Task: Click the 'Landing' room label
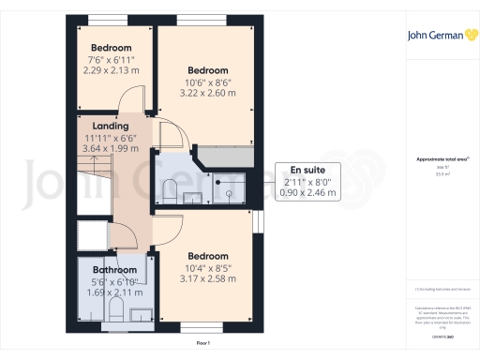click(111, 126)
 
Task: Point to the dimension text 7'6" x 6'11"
click(111, 60)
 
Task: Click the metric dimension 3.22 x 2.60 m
click(207, 94)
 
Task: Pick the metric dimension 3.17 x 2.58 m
click(207, 278)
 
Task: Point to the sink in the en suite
click(194, 197)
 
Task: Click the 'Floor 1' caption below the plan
click(203, 344)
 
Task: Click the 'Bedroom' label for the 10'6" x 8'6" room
click(207, 70)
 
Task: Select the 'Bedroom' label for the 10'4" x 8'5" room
click(207, 256)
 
